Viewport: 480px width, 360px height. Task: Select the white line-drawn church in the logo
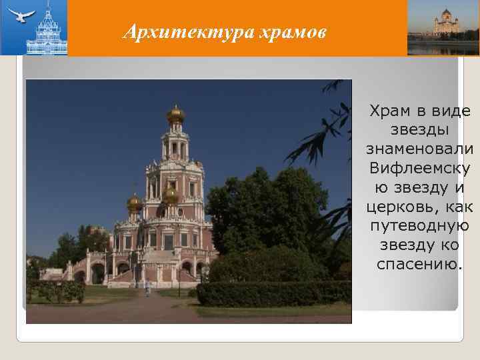point(46,30)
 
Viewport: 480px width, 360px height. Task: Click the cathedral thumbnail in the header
point(443,27)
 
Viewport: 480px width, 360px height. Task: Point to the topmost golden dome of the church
point(176,115)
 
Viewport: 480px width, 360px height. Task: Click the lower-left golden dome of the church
point(135,202)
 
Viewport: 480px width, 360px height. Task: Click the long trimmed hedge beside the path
point(273,293)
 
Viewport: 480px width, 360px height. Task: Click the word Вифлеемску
point(419,164)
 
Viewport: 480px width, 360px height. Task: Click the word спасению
point(419,264)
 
